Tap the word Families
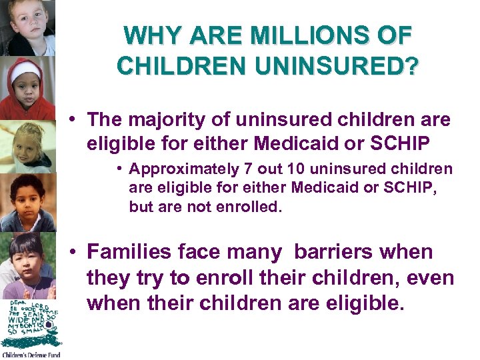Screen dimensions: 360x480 [x=126, y=253]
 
